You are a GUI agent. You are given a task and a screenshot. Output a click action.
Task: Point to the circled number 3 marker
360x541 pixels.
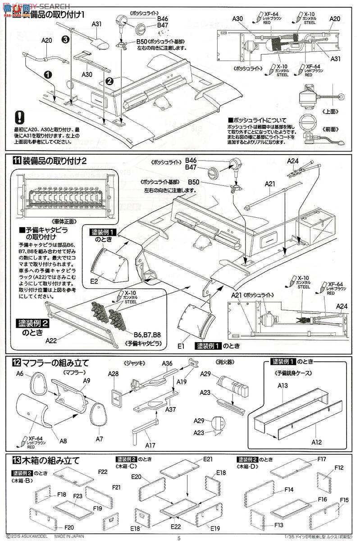point(65,40)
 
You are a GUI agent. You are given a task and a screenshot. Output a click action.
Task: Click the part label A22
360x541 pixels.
point(52,341)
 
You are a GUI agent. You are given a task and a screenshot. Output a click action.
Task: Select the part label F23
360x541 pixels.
point(77,495)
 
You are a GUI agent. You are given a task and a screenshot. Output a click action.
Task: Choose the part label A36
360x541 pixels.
point(168,363)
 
